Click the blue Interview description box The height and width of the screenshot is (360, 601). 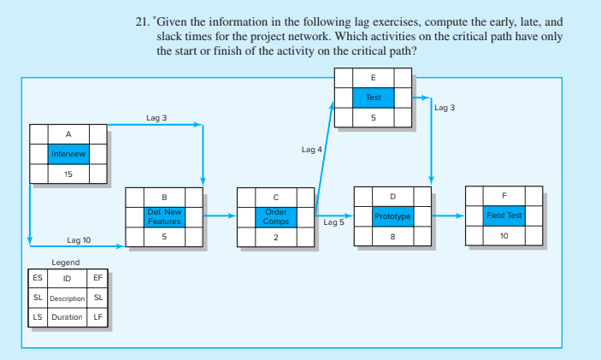click(x=68, y=154)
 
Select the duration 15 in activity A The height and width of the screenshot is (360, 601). click(x=68, y=174)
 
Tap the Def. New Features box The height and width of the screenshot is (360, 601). click(x=163, y=216)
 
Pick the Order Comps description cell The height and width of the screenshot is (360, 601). click(x=276, y=216)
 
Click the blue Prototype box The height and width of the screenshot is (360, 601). click(x=392, y=216)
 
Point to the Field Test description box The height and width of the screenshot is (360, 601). click(x=504, y=216)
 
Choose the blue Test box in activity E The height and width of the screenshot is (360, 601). click(x=373, y=97)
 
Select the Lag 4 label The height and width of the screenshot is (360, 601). click(x=312, y=150)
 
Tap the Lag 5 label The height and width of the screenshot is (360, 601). click(x=334, y=222)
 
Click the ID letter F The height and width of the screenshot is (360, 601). click(x=504, y=197)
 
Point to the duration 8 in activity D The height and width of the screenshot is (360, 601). click(x=392, y=237)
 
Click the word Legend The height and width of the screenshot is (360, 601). click(x=66, y=262)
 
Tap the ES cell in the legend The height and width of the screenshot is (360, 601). click(x=37, y=279)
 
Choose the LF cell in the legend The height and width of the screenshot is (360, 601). click(x=97, y=317)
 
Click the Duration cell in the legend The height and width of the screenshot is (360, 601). click(x=67, y=317)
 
